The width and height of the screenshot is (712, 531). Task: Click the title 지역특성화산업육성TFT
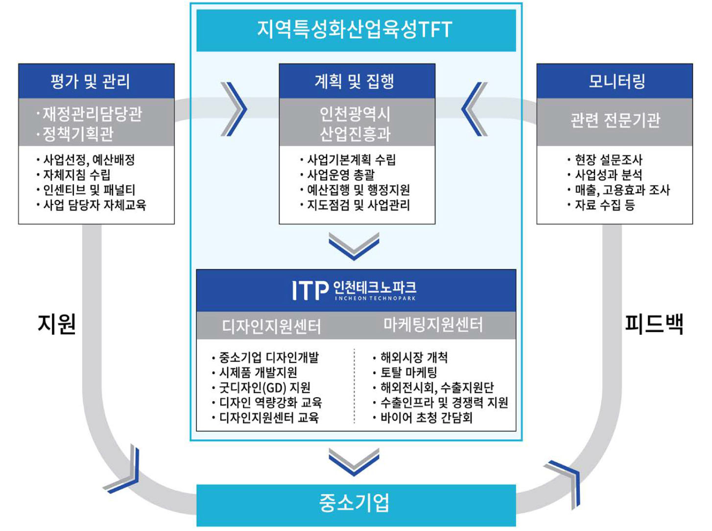point(355,29)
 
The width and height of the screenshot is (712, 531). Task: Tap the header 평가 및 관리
point(91,81)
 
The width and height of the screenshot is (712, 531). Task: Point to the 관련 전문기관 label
point(615,120)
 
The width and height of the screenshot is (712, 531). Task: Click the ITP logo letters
point(309,291)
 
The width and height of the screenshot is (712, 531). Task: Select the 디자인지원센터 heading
point(272,326)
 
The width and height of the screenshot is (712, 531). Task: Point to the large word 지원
point(57,324)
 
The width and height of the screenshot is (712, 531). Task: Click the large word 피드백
point(654,324)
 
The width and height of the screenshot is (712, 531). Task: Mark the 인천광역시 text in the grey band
point(355,114)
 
